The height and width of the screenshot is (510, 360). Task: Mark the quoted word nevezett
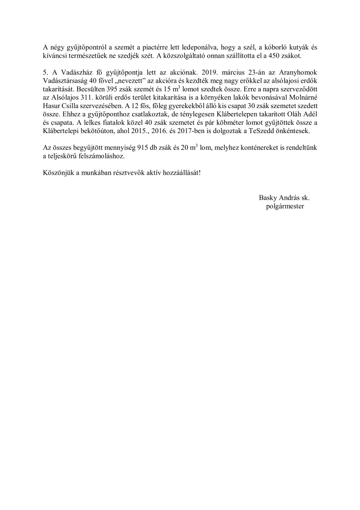click(132, 81)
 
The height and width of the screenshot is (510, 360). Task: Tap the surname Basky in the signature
click(268, 198)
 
